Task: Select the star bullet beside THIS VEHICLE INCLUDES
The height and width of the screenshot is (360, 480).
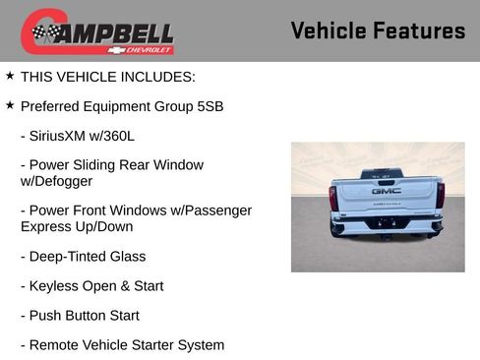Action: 10,75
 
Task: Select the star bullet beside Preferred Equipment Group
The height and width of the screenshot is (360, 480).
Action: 10,104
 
